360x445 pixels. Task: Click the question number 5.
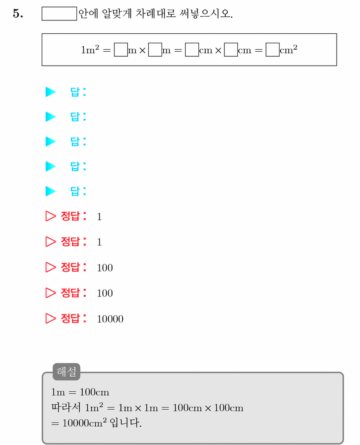[18, 13]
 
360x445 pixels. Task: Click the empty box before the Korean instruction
[59, 13]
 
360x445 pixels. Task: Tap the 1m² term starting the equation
[90, 50]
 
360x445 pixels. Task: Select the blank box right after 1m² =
[121, 50]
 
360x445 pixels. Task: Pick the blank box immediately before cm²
[272, 50]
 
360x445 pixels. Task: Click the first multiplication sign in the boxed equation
[143, 50]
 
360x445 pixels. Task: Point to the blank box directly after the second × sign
[231, 50]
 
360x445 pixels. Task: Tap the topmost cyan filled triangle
[50, 92]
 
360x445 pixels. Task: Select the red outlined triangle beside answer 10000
[50, 318]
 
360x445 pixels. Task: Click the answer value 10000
[110, 319]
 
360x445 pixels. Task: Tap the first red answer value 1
[99, 217]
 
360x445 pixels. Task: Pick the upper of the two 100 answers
[105, 268]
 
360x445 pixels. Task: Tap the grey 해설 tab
[66, 371]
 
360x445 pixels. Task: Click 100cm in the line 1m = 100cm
[94, 392]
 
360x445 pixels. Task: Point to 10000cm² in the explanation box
[85, 423]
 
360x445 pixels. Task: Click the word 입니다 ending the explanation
[125, 423]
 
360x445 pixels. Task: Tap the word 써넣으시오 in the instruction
[206, 13]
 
